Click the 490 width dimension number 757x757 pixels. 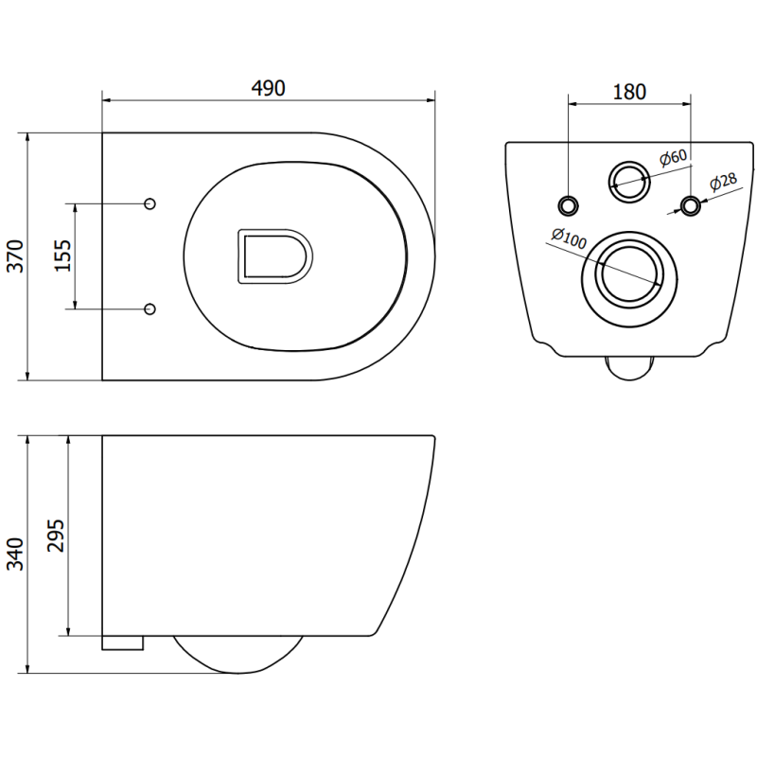269,87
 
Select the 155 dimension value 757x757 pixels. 62,256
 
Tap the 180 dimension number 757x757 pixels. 629,92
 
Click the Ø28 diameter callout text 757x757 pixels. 724,183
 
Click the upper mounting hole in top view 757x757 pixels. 150,203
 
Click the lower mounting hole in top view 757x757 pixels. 150,308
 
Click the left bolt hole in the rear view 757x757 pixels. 569,205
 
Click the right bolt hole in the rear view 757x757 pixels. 692,205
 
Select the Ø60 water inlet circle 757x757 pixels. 628,178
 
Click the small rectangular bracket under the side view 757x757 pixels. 122,643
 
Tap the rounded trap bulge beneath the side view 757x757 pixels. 238,655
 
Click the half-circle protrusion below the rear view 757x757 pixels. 629,367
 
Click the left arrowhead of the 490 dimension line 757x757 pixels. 106,97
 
